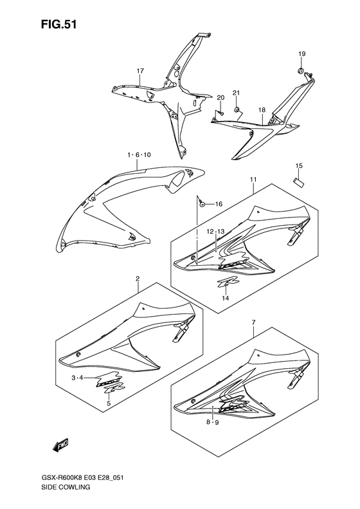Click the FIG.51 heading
coord(59,24)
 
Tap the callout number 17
coord(140,71)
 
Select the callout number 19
coord(302,54)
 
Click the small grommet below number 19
coord(301,70)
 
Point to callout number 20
coord(221,98)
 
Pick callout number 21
coord(237,93)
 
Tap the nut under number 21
coord(237,109)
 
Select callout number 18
coord(262,111)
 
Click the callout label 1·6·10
coord(139,155)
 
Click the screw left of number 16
coord(203,204)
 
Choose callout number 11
coord(253,180)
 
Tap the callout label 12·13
coord(215,232)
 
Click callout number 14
coord(226,298)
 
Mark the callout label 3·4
coord(78,377)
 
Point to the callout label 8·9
coord(213,422)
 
